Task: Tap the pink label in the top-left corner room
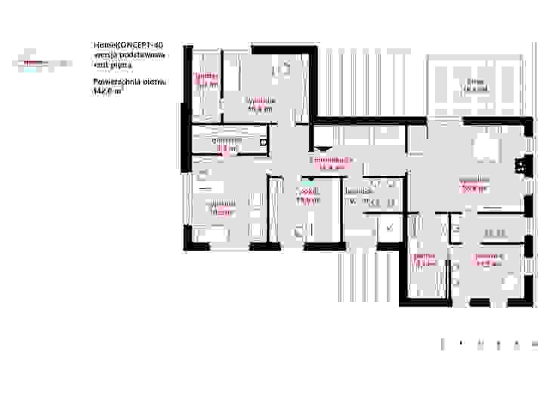(x=206, y=81)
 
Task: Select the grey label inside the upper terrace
(x=474, y=85)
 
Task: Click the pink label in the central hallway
(x=332, y=165)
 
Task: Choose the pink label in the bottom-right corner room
(x=487, y=261)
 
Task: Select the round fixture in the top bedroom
(x=286, y=69)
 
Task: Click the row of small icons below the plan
(x=488, y=344)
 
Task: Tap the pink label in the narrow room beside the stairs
(x=425, y=261)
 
